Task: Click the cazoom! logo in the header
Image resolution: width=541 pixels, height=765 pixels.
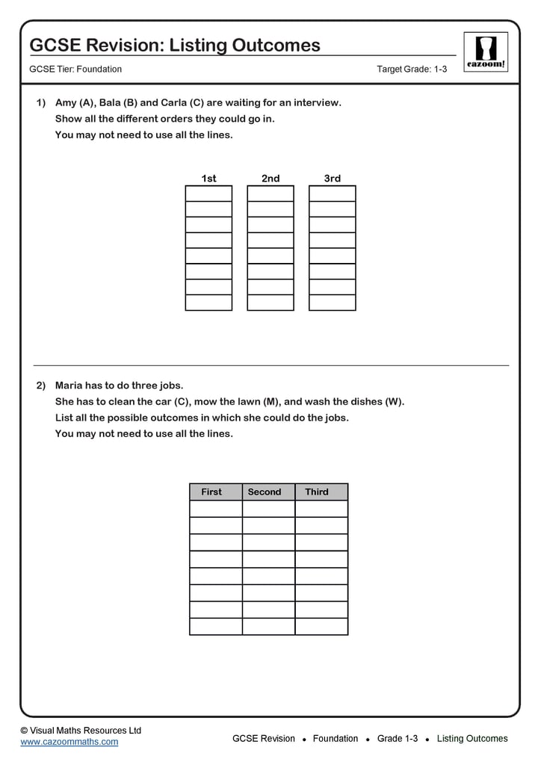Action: coord(486,52)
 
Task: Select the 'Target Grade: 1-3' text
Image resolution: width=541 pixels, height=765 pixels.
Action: coord(412,69)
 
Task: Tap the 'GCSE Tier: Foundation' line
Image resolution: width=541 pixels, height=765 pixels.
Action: coord(75,69)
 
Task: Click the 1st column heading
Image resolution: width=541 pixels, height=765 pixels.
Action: coord(208,179)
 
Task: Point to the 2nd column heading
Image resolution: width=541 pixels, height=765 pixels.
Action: coord(270,179)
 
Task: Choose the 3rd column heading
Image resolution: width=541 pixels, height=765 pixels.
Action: coord(333,179)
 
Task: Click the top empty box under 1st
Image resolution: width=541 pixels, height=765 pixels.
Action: coord(208,193)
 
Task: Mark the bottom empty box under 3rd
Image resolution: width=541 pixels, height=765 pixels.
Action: coord(333,303)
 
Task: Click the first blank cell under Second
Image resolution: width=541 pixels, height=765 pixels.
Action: coord(269,509)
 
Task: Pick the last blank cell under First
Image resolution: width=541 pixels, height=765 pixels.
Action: coord(216,627)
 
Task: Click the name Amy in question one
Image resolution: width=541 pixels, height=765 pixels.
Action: coord(65,103)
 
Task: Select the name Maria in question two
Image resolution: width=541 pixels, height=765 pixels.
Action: coord(69,385)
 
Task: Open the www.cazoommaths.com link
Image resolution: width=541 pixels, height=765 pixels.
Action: coord(69,742)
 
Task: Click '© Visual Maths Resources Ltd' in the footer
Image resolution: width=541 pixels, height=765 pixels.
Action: coord(81,730)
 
